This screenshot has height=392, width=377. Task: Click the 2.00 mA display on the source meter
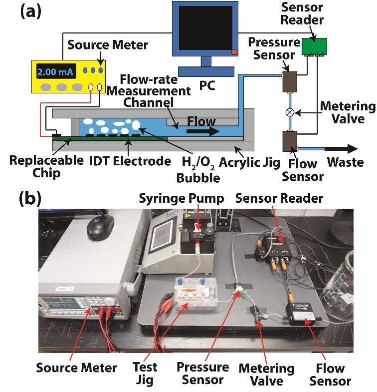coord(55,72)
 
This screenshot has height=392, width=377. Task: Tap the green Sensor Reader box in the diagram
coord(313,47)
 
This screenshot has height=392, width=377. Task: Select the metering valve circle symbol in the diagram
coord(290,112)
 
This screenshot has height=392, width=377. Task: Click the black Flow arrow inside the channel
coord(203,132)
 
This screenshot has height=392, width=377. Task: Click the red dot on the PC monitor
coord(234,52)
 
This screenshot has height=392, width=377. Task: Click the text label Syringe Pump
coord(169,199)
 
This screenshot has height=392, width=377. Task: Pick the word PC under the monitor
coord(206,86)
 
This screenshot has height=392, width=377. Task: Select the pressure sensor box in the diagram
coord(289,82)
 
